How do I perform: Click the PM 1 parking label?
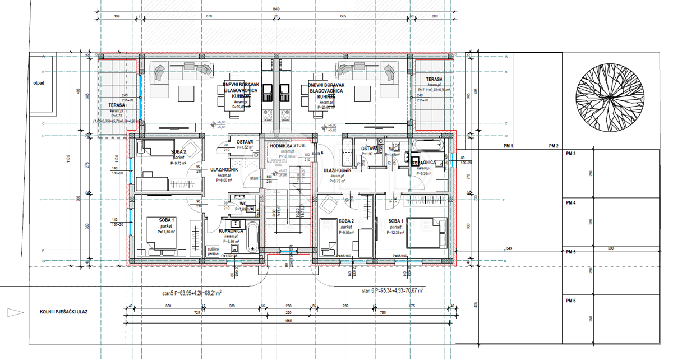click(509, 146)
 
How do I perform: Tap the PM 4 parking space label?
click(571, 202)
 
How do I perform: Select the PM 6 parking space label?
click(571, 302)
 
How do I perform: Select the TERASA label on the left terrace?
click(117, 105)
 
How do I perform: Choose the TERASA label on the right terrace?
click(434, 80)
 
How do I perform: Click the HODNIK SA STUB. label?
click(288, 146)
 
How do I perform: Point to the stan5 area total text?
click(188, 292)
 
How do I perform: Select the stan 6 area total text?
click(393, 291)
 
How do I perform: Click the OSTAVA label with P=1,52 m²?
click(245, 142)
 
